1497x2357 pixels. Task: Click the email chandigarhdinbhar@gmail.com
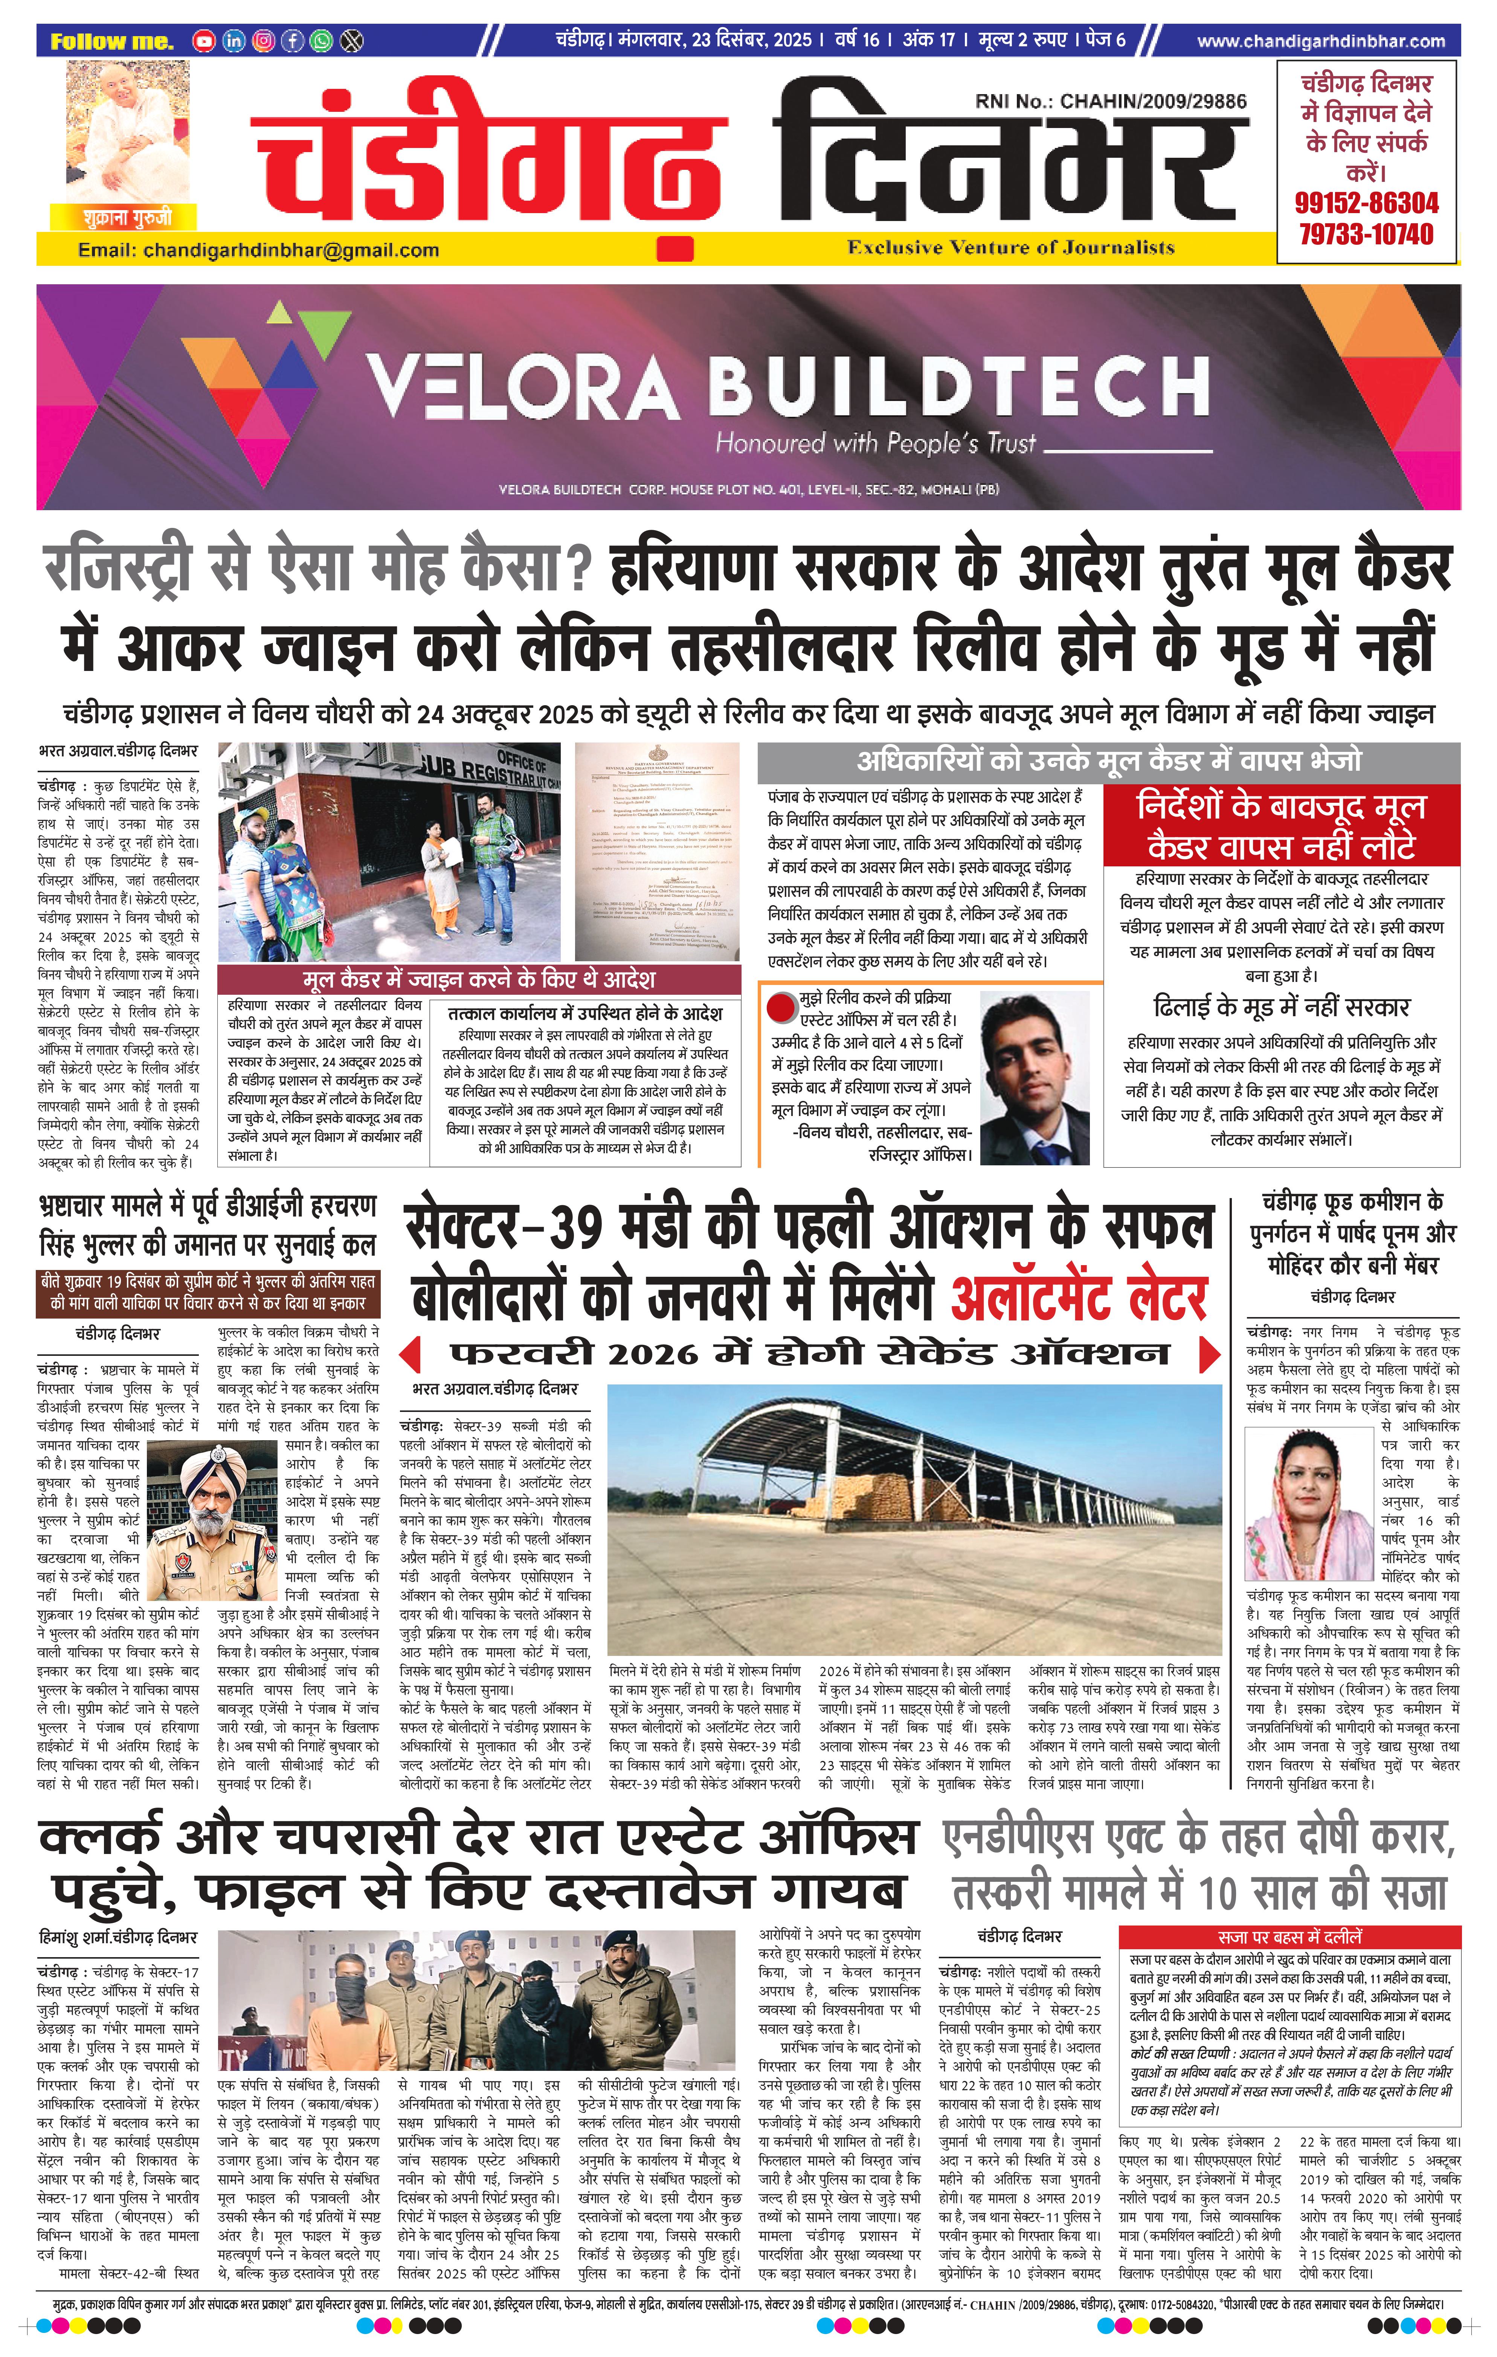click(x=258, y=251)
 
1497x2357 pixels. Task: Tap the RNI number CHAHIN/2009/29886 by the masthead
click(x=1110, y=101)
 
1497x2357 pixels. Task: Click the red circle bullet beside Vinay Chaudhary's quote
click(x=781, y=1006)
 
